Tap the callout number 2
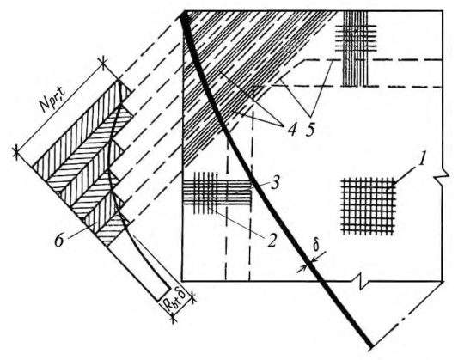(271, 240)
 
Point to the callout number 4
(291, 129)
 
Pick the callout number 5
(310, 129)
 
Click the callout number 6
(59, 241)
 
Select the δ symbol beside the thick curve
(316, 246)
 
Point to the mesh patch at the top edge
(355, 48)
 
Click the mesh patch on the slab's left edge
(217, 192)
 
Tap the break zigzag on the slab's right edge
(443, 177)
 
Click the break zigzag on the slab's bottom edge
(362, 282)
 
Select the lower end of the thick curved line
(371, 346)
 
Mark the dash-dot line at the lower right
(408, 314)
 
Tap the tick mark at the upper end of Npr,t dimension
(104, 62)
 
